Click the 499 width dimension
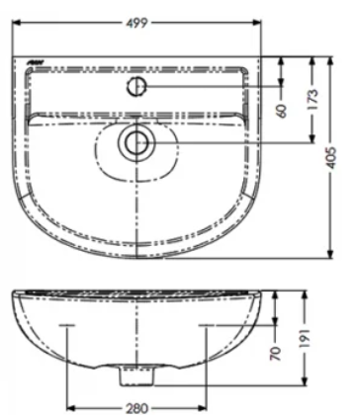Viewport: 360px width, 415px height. (x=139, y=13)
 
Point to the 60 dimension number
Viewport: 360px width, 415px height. (x=283, y=111)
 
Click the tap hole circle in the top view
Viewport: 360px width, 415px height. (x=137, y=87)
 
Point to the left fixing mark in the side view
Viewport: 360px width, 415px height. (x=67, y=325)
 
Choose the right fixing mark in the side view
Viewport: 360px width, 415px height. (x=206, y=325)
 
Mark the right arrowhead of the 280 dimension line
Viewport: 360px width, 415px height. (x=204, y=404)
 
